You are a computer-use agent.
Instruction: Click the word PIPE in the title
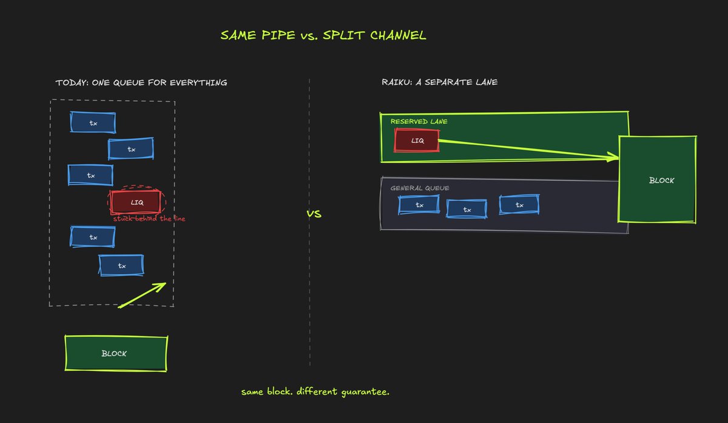pos(278,35)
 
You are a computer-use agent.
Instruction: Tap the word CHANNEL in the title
pos(398,35)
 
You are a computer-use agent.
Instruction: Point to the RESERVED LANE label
pos(419,121)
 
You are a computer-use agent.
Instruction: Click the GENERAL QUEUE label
pos(420,188)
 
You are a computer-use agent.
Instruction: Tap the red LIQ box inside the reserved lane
pos(417,140)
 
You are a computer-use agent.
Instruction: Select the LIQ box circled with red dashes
pos(136,202)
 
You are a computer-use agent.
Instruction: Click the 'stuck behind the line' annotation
pos(149,219)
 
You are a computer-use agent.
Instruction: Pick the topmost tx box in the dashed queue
pos(93,122)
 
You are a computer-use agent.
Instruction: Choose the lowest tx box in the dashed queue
pos(121,265)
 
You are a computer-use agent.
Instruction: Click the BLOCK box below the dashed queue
pos(116,353)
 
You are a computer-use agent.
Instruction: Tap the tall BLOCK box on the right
pos(657,179)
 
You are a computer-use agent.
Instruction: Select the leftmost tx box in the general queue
pos(419,204)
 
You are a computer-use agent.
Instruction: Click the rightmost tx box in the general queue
pos(519,204)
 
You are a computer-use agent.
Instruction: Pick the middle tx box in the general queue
pos(467,208)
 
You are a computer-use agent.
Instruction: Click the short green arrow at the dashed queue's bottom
pos(142,295)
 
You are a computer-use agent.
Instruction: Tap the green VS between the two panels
pos(314,214)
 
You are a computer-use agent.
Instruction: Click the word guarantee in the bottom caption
pos(365,392)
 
